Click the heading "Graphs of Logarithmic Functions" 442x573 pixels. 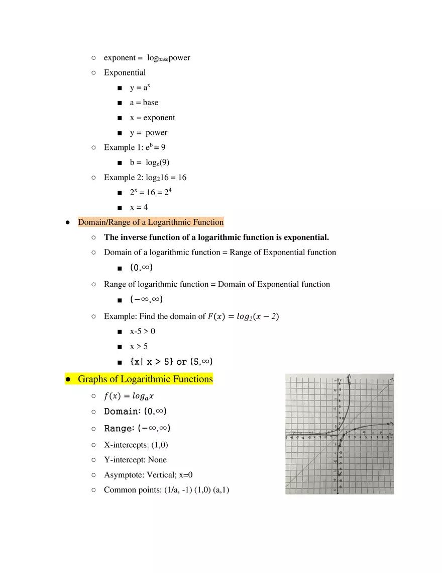coord(145,379)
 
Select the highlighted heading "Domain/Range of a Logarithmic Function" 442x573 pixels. coord(151,222)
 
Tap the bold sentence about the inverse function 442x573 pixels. coord(216,237)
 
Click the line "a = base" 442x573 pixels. coord(144,103)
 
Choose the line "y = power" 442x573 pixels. coord(148,133)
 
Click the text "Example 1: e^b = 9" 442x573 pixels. coord(135,147)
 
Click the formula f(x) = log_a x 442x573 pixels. coord(129,396)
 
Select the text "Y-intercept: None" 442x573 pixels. coord(135,460)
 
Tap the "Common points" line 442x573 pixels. coord(166,490)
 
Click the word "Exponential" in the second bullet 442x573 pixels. coord(125,72)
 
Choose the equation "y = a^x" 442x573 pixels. coord(140,88)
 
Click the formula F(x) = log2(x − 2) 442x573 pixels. coord(243,316)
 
